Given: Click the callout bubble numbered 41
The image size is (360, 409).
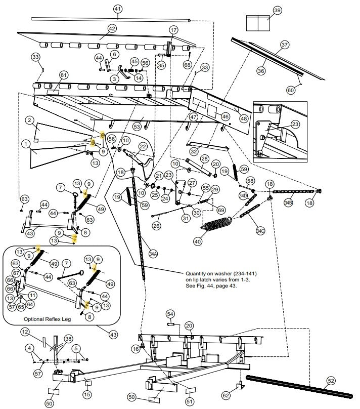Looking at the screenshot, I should click(118, 9).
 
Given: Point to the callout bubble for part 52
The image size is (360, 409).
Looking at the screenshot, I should click(330, 380).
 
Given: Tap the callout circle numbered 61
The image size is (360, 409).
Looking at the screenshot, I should click(63, 75).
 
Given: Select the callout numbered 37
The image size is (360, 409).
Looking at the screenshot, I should click(285, 45).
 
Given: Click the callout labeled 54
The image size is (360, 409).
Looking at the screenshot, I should click(170, 314).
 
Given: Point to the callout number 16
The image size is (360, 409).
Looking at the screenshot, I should click(136, 349).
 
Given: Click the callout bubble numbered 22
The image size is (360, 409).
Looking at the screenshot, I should click(143, 146).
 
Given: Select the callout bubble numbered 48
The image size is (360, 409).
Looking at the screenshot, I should click(244, 118).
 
